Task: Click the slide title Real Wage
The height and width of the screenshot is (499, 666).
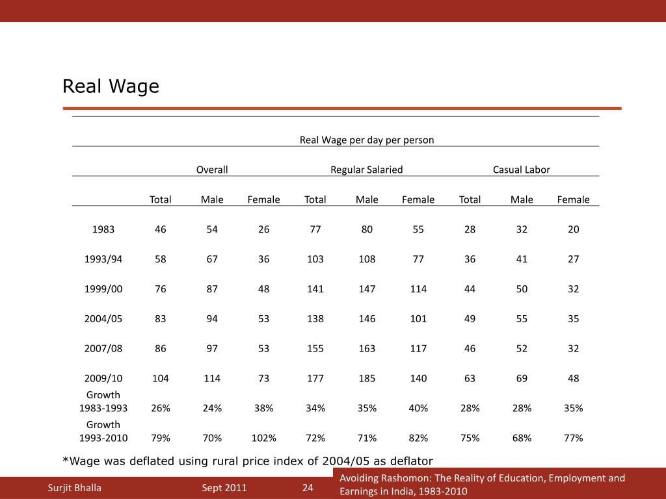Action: tap(111, 86)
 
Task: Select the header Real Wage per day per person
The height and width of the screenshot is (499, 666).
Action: tap(366, 140)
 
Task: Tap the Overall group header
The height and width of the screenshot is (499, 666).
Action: tap(212, 170)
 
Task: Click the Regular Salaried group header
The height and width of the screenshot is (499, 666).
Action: tap(366, 170)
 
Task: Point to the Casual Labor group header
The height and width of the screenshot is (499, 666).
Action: tap(521, 170)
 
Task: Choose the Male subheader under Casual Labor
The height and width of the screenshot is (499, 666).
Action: tap(522, 199)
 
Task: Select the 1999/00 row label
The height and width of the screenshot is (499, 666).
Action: tap(103, 288)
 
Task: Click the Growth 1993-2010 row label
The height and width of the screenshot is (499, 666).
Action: tap(103, 431)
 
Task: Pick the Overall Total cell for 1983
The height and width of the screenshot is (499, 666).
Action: tap(160, 229)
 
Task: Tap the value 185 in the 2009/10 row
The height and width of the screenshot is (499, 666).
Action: tap(367, 378)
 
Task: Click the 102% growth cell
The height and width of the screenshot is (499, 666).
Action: tap(263, 438)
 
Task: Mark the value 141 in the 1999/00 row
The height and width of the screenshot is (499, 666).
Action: tap(315, 288)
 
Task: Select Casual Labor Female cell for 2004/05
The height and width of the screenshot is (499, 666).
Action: tap(573, 318)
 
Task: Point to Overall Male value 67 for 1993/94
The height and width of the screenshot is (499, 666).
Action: tap(212, 259)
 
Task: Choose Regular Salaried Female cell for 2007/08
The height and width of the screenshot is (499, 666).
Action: tap(418, 348)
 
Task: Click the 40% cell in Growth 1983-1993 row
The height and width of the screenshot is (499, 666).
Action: tap(418, 408)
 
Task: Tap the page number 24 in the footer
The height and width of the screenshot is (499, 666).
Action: tap(308, 488)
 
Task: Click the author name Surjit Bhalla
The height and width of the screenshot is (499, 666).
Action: tap(75, 488)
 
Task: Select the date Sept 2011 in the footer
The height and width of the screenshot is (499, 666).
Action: tap(224, 488)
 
